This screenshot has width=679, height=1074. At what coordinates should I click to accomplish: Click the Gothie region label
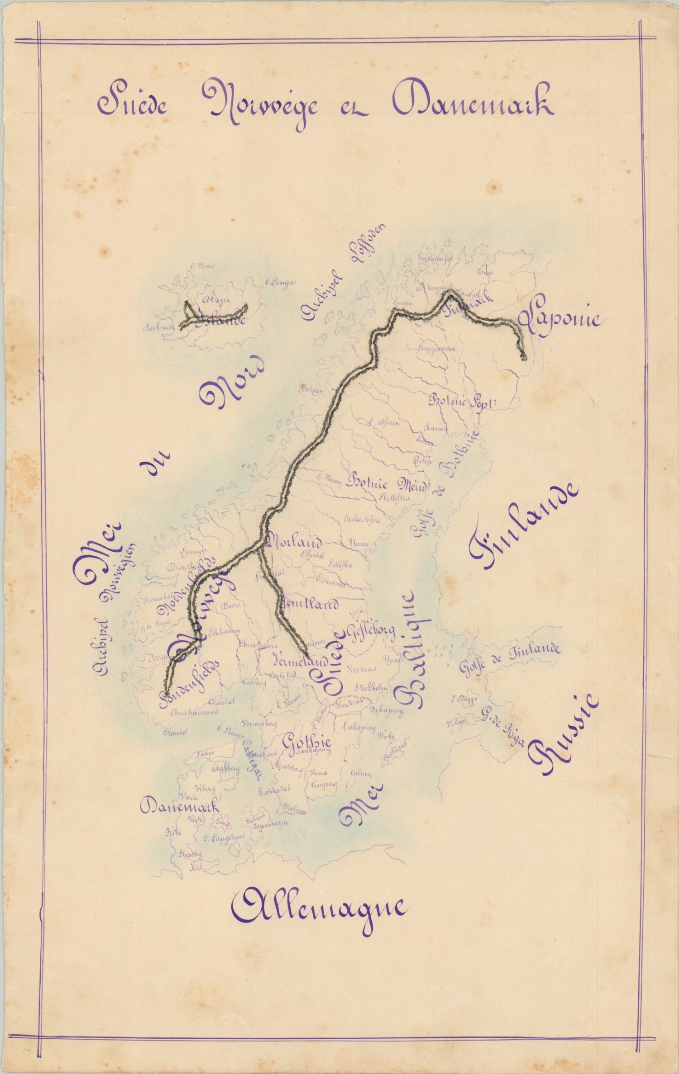coord(307,742)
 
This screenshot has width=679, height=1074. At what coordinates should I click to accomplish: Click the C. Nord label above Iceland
coord(204,266)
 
